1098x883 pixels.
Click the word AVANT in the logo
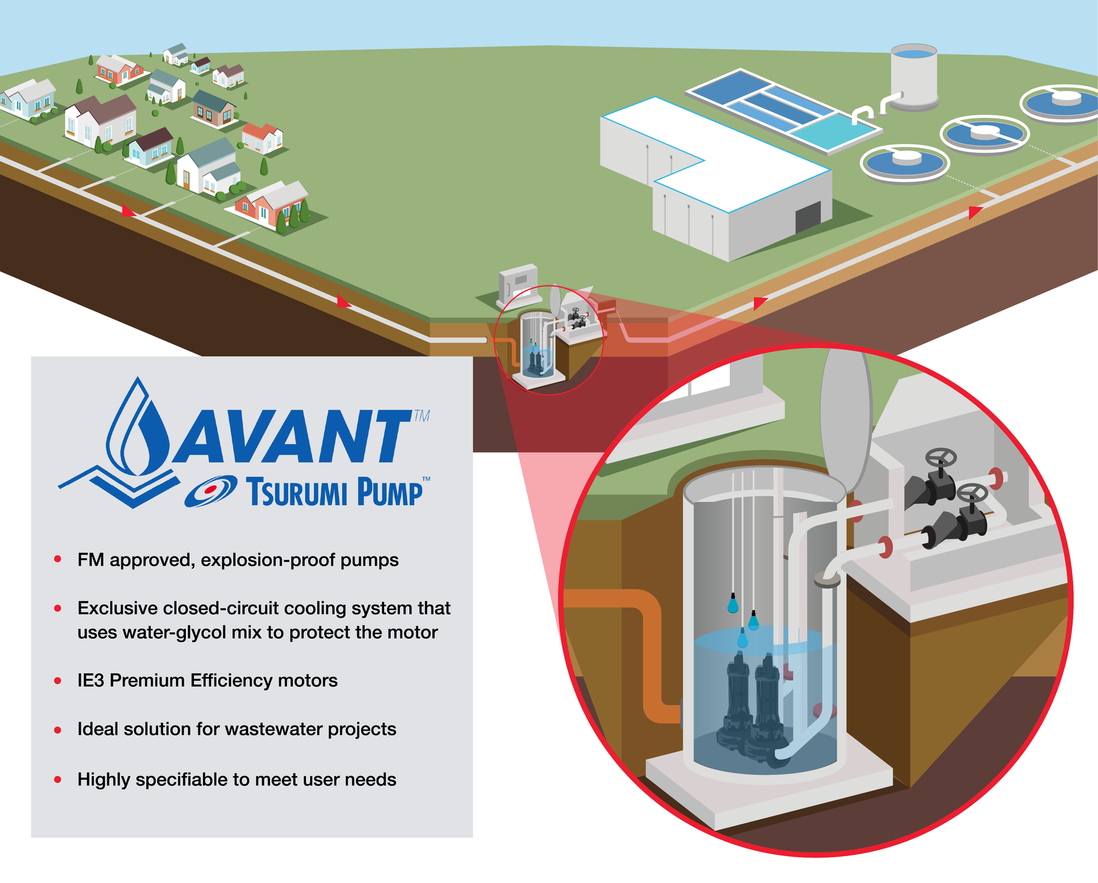[x=292, y=437]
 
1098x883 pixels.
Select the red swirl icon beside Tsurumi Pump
[x=210, y=490]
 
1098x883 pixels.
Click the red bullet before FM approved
[x=58, y=560]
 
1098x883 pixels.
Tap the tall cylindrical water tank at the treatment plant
[x=913, y=77]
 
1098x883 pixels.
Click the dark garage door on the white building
[x=808, y=217]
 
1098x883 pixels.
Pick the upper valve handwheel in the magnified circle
[x=941, y=458]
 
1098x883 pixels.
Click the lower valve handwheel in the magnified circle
[x=973, y=493]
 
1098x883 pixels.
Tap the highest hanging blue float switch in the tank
[x=733, y=604]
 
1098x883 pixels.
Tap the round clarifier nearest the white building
[x=904, y=162]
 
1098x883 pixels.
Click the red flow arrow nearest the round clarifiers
[x=974, y=213]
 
